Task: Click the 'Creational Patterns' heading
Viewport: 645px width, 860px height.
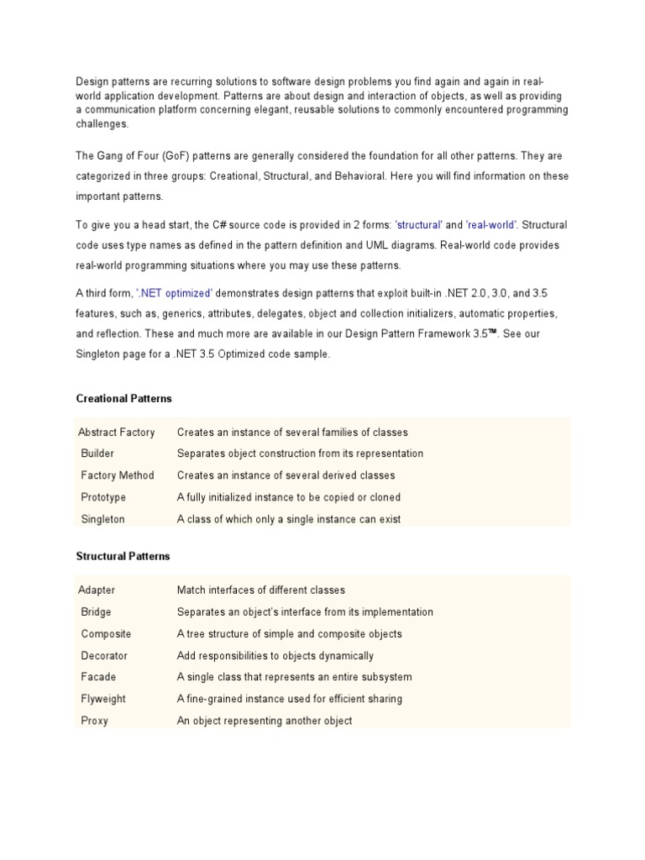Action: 123,398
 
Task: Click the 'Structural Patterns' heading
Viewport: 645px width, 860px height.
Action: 123,556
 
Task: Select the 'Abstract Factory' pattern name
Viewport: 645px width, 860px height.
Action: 116,433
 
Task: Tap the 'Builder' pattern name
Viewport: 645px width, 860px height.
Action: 97,454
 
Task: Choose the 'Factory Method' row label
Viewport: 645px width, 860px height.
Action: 118,475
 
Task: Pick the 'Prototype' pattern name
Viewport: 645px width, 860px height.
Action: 103,497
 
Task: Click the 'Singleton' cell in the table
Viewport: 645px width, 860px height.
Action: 102,519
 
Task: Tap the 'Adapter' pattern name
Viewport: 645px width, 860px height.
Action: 97,590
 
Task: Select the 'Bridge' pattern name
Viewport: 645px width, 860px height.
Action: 96,612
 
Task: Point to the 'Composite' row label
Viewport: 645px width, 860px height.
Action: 106,634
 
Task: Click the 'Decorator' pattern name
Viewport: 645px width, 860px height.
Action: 104,656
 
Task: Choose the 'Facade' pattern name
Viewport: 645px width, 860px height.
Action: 98,677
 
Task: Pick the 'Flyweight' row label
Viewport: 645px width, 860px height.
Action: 103,699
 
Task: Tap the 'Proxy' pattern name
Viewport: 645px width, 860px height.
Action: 94,721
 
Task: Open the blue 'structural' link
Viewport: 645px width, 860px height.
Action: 418,225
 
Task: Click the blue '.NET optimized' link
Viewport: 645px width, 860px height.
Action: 175,292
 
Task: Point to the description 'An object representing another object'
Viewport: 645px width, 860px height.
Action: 265,721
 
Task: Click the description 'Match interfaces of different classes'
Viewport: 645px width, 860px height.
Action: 261,590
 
